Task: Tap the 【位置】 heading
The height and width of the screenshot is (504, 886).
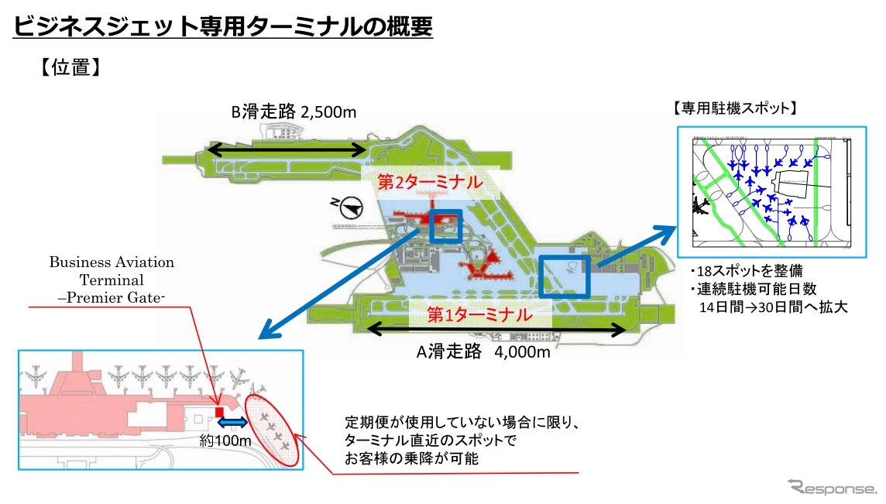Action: point(67,67)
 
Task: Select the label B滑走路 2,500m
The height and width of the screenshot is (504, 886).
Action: point(294,112)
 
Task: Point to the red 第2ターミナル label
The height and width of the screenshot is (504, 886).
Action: point(429,183)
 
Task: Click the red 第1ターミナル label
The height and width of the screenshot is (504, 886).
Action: point(480,315)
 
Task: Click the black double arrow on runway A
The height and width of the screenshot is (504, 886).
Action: point(496,330)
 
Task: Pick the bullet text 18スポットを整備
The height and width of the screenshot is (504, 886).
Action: point(747,273)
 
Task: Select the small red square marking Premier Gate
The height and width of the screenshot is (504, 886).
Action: point(219,411)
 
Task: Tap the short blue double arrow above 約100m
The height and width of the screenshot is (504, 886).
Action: point(232,423)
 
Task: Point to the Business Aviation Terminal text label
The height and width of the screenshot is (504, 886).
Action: point(112,280)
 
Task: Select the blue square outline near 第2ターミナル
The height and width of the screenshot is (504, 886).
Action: point(445,227)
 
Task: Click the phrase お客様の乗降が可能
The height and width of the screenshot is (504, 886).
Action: point(412,458)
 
